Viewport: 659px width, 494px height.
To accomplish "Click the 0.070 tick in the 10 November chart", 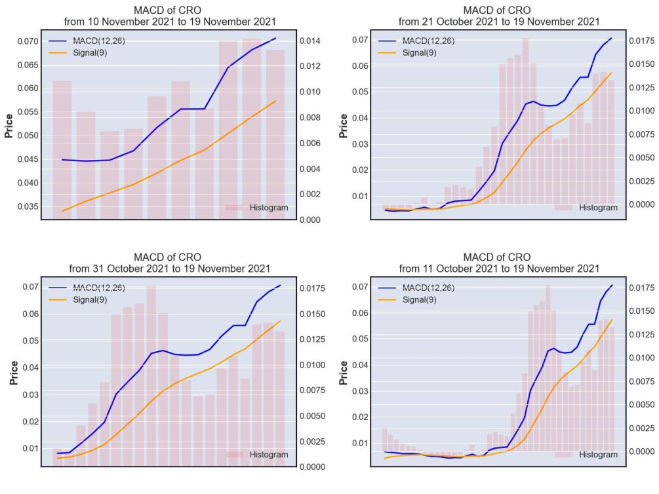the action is tap(28, 41).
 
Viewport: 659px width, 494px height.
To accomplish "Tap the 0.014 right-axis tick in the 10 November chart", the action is tap(310, 41).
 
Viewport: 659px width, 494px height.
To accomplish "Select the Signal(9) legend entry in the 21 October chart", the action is tap(420, 53).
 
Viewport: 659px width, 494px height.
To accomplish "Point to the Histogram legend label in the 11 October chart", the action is tap(598, 455).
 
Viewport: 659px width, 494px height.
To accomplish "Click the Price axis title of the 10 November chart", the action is tap(9, 126).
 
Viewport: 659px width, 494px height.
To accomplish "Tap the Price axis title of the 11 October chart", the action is tap(343, 373).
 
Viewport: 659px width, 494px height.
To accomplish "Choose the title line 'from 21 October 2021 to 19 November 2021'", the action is tap(499, 22).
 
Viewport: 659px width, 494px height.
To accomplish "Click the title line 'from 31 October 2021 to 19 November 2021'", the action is tap(169, 269).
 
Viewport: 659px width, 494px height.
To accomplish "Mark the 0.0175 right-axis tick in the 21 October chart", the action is tap(642, 41).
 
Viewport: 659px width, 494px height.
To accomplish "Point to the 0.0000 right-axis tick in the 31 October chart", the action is tap(312, 466).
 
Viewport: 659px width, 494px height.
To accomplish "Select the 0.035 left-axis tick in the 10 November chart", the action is tap(28, 206).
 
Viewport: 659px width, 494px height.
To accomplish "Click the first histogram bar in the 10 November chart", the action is tap(62, 150).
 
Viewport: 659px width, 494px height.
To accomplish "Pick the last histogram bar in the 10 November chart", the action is tap(275, 134).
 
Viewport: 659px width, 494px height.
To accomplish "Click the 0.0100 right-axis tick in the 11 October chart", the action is tap(642, 358).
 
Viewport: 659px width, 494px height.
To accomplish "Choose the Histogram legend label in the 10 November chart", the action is tap(269, 208).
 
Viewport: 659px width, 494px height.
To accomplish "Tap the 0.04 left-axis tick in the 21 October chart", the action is tap(359, 118).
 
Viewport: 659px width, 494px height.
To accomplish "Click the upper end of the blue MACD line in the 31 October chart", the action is tap(281, 285).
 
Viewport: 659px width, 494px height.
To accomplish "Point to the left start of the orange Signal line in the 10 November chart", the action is tap(62, 211).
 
